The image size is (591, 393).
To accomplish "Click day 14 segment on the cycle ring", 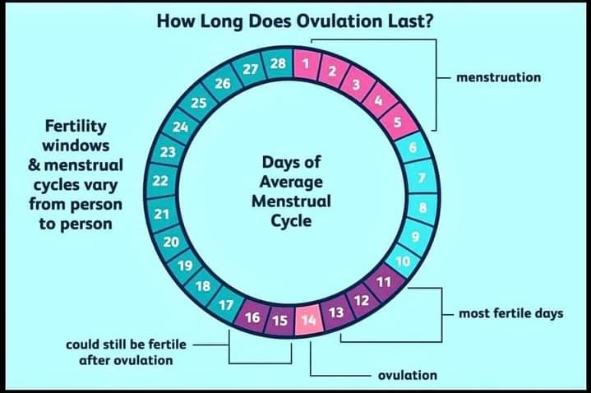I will tap(308, 320).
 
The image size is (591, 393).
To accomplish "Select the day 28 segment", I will tap(278, 64).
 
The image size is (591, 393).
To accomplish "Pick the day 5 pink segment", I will tap(397, 123).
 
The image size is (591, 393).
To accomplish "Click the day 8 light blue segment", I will tap(422, 207).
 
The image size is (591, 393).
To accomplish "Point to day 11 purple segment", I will tap(383, 282).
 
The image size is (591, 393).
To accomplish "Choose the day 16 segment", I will tap(253, 317).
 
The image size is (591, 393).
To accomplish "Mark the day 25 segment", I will tap(198, 103).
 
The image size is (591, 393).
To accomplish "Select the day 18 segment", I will tap(203, 286).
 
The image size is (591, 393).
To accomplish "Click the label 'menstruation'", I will tap(498, 77).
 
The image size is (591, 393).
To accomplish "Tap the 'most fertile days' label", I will tap(510, 313).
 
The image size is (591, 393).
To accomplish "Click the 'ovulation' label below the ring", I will tap(408, 376).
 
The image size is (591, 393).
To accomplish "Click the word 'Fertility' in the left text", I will tap(76, 127).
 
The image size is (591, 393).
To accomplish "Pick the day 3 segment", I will tap(356, 85).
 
